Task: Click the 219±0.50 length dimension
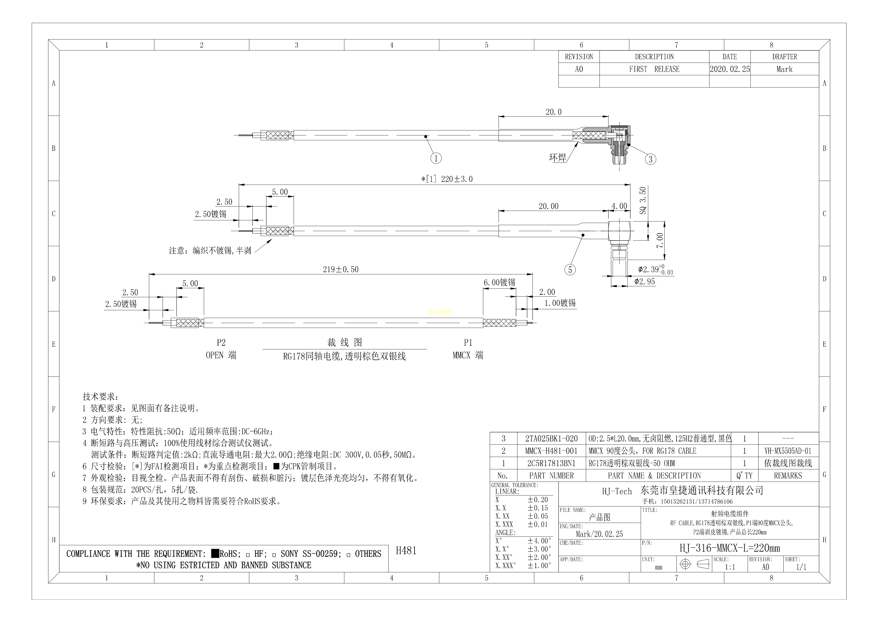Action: coord(341,269)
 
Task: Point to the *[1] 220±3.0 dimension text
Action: coord(447,179)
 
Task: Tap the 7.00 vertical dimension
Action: coord(660,241)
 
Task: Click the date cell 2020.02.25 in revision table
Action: coord(730,69)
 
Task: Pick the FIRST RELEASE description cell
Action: coord(654,69)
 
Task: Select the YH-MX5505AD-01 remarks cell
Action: coord(788,451)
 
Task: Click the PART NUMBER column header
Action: coord(551,476)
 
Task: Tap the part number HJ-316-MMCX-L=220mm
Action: coord(730,548)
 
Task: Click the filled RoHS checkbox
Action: coord(215,553)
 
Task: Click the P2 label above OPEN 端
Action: coord(221,343)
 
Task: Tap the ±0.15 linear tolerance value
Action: coord(538,508)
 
